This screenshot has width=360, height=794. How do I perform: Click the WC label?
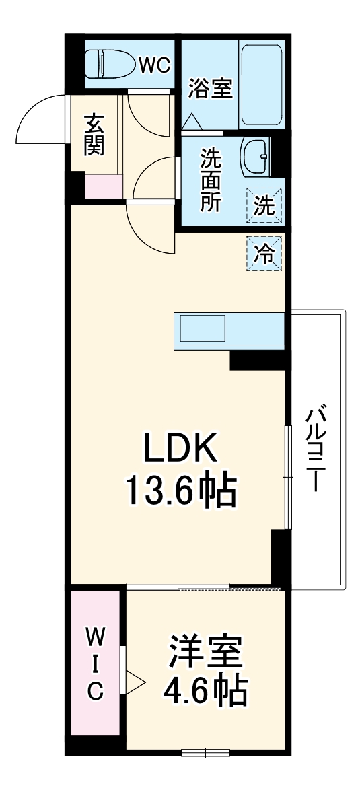pyautogui.click(x=154, y=65)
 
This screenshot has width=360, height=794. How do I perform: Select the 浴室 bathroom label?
pyautogui.click(x=211, y=88)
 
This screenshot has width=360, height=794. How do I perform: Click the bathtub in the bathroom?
pyautogui.click(x=261, y=85)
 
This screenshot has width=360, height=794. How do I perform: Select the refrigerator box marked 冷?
pyautogui.click(x=264, y=253)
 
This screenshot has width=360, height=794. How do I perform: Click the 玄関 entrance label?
pyautogui.click(x=94, y=136)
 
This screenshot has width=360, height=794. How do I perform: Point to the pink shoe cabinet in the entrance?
pyautogui.click(x=104, y=186)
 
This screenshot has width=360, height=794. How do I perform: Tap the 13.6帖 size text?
pyautogui.click(x=179, y=491)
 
